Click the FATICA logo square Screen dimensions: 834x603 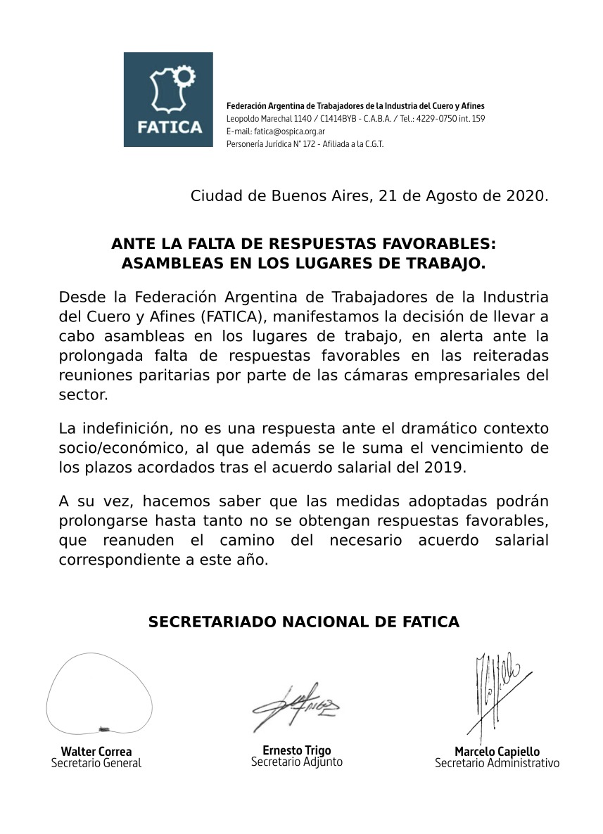(x=167, y=99)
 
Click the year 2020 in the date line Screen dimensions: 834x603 (x=526, y=196)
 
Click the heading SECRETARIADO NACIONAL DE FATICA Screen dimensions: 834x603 (x=303, y=622)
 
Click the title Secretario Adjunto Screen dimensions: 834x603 (x=297, y=762)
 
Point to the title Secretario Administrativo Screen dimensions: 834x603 (x=497, y=763)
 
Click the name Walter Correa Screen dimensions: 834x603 (x=96, y=751)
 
